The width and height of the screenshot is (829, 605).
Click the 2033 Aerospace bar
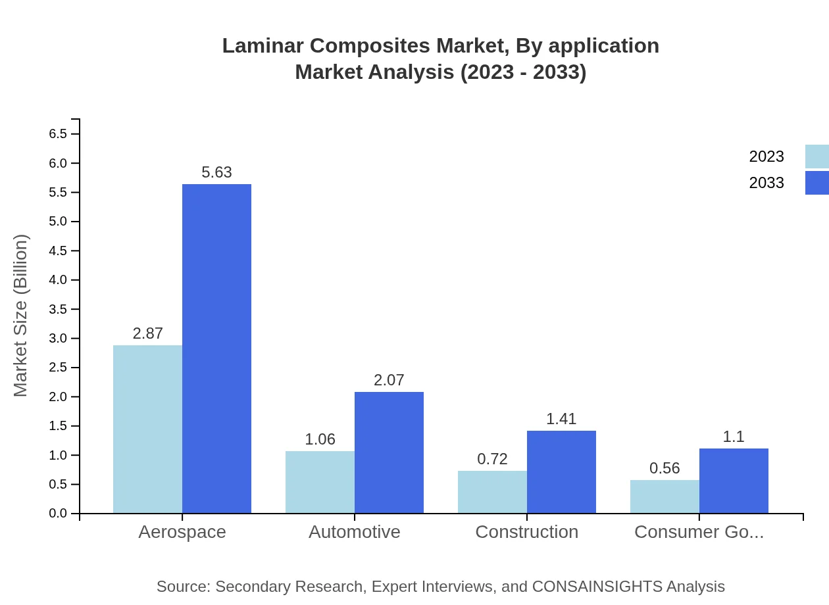[216, 349]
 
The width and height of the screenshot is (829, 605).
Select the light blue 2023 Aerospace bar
[147, 429]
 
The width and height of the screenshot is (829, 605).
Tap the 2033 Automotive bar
[389, 452]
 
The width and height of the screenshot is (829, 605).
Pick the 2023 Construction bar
[492, 492]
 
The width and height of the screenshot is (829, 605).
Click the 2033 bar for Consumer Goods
[734, 481]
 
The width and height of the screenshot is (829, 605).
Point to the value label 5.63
[216, 172]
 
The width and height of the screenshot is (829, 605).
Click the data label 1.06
[320, 439]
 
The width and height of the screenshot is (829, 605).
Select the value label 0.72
[492, 459]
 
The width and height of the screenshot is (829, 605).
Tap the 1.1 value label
[734, 437]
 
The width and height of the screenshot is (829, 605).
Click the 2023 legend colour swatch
[816, 157]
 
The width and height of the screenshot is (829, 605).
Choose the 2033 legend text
[766, 183]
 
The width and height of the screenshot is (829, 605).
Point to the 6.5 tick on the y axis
[58, 134]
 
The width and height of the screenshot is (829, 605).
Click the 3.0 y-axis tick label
[58, 339]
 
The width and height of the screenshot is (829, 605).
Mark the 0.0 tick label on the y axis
[58, 514]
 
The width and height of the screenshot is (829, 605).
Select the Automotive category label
[355, 531]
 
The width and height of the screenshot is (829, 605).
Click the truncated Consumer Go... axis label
[699, 531]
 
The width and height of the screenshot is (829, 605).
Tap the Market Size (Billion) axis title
[21, 316]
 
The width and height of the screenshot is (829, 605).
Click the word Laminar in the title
[263, 46]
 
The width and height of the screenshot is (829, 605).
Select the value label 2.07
[389, 380]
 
